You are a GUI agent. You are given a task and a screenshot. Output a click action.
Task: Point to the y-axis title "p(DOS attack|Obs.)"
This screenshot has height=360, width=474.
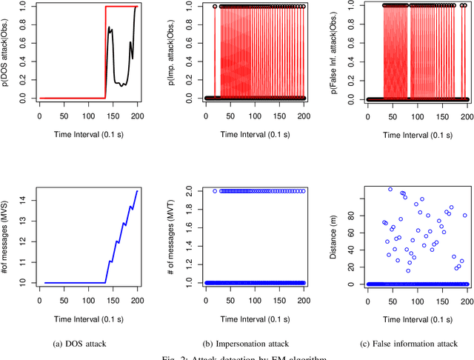tap(7, 51)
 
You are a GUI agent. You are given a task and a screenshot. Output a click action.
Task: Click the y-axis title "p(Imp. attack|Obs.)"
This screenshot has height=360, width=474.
tap(173, 51)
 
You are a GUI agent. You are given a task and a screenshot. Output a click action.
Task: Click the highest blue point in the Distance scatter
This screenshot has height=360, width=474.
tap(390, 190)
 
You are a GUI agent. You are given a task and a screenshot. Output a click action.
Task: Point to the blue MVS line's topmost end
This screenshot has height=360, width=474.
tap(137, 190)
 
